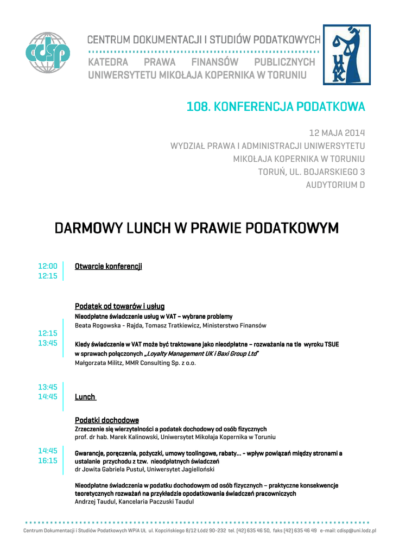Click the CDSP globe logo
coord(48,53)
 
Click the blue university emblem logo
coord(347,55)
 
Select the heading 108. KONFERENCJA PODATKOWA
coord(276,107)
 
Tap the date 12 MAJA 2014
coord(337,132)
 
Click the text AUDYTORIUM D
coord(335,185)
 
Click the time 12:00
coord(47,266)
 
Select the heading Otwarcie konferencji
coord(108,266)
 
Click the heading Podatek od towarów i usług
coord(119,306)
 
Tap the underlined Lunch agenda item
coord(85,397)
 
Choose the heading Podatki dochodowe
coord(106,420)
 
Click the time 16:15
coord(47,460)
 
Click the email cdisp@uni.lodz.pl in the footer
coord(356,530)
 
